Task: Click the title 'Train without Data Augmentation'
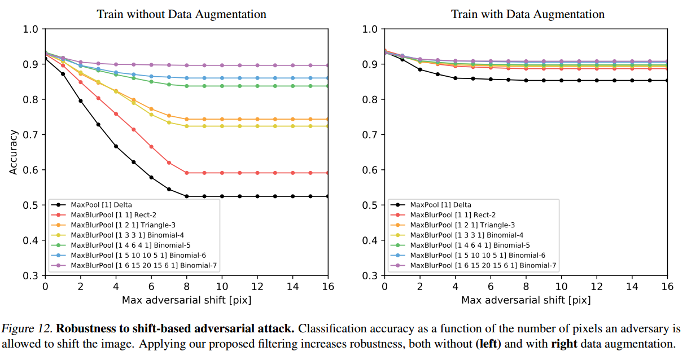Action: (x=181, y=14)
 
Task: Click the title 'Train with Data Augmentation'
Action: (x=528, y=14)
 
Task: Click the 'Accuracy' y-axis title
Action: (x=14, y=152)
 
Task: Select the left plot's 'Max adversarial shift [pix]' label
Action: (x=186, y=300)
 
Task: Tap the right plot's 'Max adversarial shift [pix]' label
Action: (x=526, y=300)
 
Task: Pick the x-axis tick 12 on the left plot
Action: (x=257, y=287)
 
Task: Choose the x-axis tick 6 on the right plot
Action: (x=491, y=287)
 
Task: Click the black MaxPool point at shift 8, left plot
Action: (x=187, y=196)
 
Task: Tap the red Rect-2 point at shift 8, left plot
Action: (x=187, y=173)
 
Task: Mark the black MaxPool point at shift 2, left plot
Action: (x=81, y=101)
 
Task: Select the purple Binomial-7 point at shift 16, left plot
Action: (x=328, y=65)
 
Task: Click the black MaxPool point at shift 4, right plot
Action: (x=455, y=78)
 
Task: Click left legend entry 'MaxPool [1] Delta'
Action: (x=101, y=205)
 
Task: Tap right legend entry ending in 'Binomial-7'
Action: (x=483, y=265)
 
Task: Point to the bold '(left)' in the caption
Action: (x=488, y=344)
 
